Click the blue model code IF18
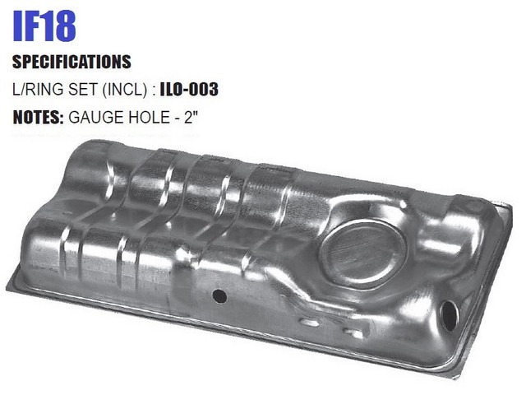pyautogui.click(x=44, y=26)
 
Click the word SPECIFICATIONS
pyautogui.click(x=72, y=62)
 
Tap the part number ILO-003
pyautogui.click(x=189, y=90)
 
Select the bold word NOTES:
pyautogui.click(x=38, y=117)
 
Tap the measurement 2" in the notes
pyautogui.click(x=191, y=117)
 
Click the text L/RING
pyautogui.click(x=38, y=90)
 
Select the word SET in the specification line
pyautogui.click(x=83, y=90)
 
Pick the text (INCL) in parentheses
pyautogui.click(x=125, y=90)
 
